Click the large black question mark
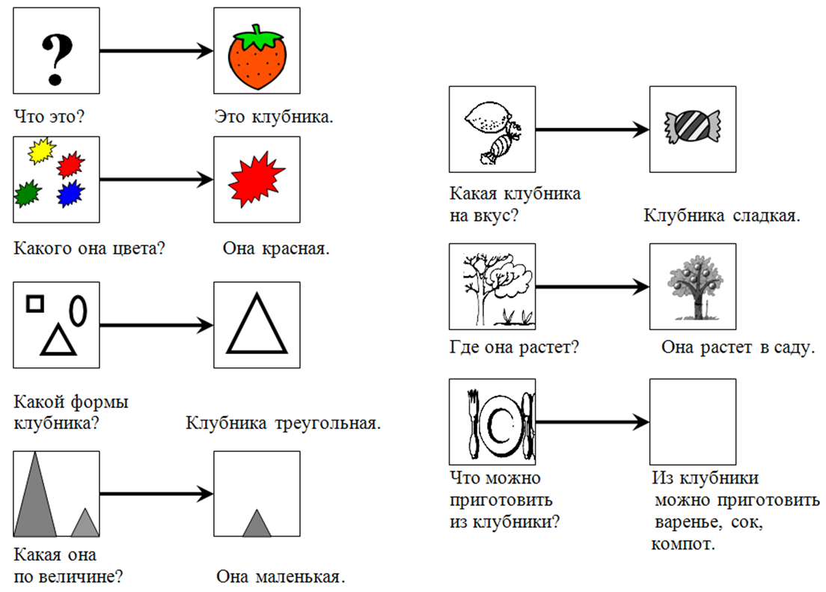point(56,59)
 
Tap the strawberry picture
point(257,57)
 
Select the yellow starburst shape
point(42,150)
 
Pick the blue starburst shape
point(70,194)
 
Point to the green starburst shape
point(28,194)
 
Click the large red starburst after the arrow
point(256,180)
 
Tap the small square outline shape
point(35,304)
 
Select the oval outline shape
point(79,311)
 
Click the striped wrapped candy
point(692,127)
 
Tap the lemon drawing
point(488,118)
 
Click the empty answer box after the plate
point(693,421)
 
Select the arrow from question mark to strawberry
point(156,51)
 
